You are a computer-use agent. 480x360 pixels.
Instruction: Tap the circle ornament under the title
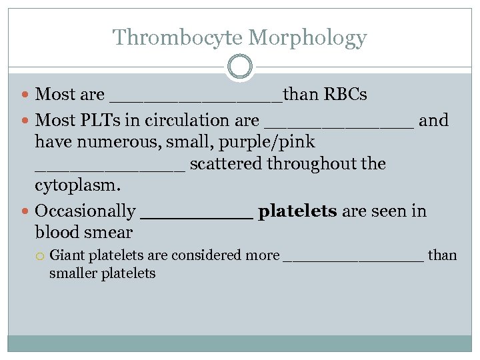pyautogui.click(x=240, y=67)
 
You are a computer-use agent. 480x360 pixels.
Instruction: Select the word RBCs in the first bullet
pyautogui.click(x=345, y=95)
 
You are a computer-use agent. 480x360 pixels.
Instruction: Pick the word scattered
pyautogui.click(x=227, y=164)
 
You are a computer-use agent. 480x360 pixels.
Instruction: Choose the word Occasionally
pyautogui.click(x=85, y=211)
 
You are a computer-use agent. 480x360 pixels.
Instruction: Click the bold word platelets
pyautogui.click(x=297, y=211)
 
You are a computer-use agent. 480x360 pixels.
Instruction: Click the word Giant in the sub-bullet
pyautogui.click(x=67, y=255)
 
